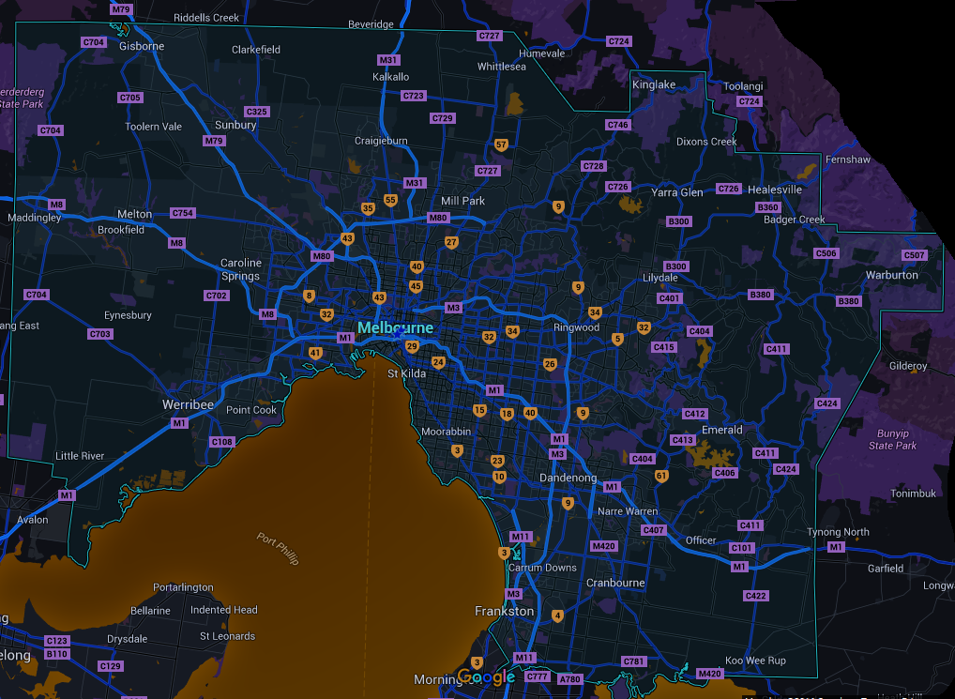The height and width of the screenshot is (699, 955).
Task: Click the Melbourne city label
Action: pyautogui.click(x=395, y=328)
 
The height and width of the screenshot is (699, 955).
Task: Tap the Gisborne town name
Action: pyautogui.click(x=142, y=46)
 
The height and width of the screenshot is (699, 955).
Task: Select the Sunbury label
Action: pyautogui.click(x=235, y=125)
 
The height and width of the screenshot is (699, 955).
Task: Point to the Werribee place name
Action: pyautogui.click(x=188, y=404)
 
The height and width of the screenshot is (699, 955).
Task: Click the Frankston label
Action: pyautogui.click(x=504, y=611)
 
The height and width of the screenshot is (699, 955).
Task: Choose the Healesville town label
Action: pyautogui.click(x=775, y=190)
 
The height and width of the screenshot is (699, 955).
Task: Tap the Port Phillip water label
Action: pyautogui.click(x=279, y=548)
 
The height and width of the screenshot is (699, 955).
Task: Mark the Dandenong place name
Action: pyautogui.click(x=568, y=479)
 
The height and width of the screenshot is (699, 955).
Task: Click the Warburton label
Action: pyautogui.click(x=891, y=275)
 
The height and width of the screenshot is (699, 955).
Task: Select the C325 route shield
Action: pyautogui.click(x=257, y=112)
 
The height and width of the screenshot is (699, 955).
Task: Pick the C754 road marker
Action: pyautogui.click(x=183, y=213)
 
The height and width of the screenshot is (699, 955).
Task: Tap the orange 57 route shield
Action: pyautogui.click(x=501, y=144)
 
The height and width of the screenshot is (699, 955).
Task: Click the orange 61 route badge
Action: pyautogui.click(x=661, y=476)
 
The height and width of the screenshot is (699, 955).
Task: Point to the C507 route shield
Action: pyautogui.click(x=914, y=255)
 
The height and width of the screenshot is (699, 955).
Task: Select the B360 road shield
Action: pyautogui.click(x=767, y=207)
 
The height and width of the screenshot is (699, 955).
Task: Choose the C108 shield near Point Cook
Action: pyautogui.click(x=222, y=442)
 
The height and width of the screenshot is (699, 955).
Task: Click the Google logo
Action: pyautogui.click(x=486, y=677)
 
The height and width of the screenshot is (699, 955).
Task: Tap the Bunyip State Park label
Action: pyautogui.click(x=892, y=439)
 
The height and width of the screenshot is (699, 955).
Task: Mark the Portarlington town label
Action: pyautogui.click(x=183, y=587)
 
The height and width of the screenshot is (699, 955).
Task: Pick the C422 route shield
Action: pyautogui.click(x=755, y=596)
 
